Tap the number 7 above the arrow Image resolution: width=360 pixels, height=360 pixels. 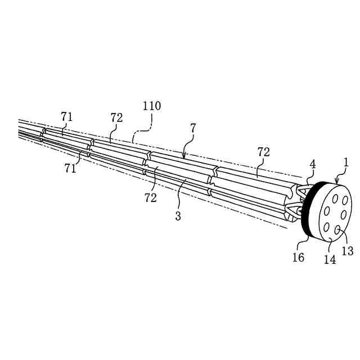(x=193, y=128)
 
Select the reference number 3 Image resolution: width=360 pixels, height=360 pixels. (x=178, y=216)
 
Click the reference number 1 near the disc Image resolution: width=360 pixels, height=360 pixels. (x=346, y=163)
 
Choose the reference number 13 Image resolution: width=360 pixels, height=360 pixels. (x=348, y=250)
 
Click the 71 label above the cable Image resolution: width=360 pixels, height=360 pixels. (x=67, y=116)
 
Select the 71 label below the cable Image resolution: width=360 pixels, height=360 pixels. (x=70, y=168)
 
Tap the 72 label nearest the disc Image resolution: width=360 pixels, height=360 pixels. (x=263, y=152)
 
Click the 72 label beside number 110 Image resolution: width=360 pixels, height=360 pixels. (x=116, y=117)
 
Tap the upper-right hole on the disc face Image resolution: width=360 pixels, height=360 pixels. (x=344, y=201)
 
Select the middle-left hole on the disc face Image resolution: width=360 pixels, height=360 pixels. (x=323, y=213)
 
